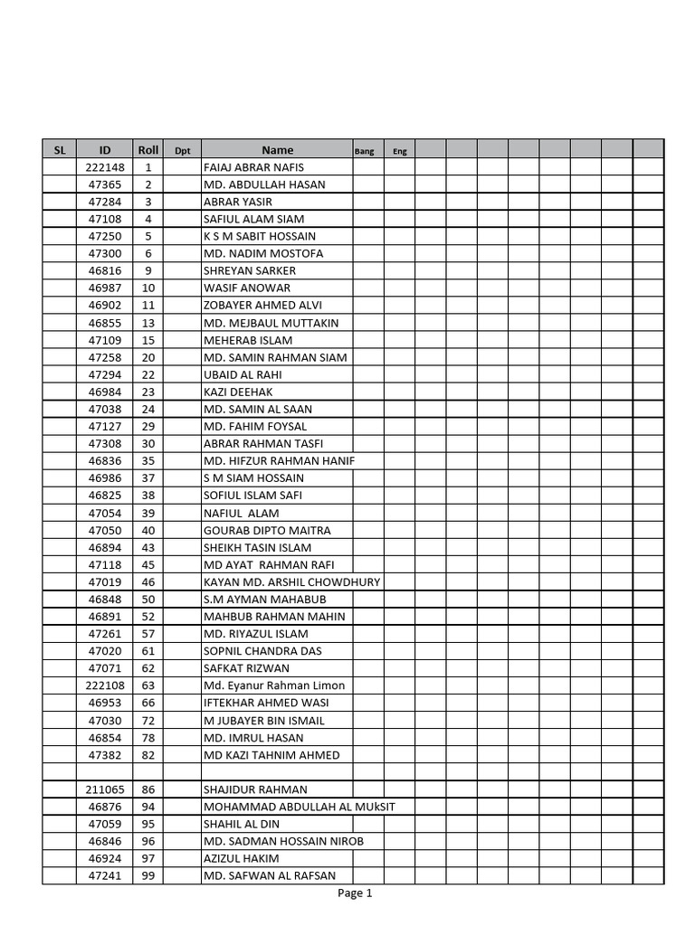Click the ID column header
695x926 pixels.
click(x=105, y=150)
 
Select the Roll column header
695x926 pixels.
click(x=148, y=150)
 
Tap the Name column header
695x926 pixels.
click(x=278, y=150)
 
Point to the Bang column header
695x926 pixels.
click(x=364, y=151)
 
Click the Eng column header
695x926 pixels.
click(x=399, y=151)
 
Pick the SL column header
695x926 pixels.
click(x=60, y=150)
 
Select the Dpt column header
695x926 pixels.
click(x=182, y=151)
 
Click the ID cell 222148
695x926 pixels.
click(x=105, y=167)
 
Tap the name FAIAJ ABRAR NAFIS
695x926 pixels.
click(x=254, y=167)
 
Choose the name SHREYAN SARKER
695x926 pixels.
click(x=250, y=270)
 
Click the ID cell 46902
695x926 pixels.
click(x=105, y=305)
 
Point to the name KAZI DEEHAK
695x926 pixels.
click(x=238, y=392)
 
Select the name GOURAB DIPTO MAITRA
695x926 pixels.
click(x=267, y=530)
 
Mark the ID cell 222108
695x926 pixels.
click(x=105, y=685)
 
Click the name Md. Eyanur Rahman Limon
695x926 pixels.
click(x=274, y=685)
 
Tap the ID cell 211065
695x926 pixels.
click(x=105, y=789)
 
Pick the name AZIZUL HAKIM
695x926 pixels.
click(x=242, y=858)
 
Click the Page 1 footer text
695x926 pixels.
click(x=355, y=893)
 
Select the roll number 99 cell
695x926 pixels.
click(x=148, y=875)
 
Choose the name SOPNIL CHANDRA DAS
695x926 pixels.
click(x=262, y=651)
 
